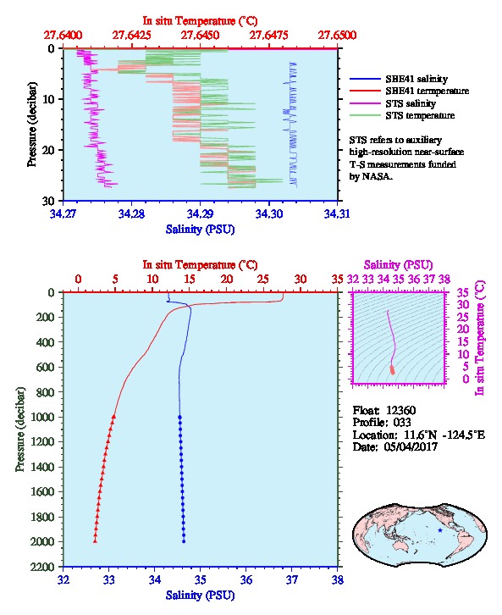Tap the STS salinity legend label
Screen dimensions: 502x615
click(411, 103)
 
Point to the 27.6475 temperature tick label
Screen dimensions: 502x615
click(269, 36)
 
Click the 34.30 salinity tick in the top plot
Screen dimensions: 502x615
click(269, 213)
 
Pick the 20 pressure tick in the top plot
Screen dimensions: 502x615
click(49, 150)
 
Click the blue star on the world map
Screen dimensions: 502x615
click(440, 530)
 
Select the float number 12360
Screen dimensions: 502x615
click(400, 410)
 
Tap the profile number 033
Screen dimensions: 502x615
click(402, 422)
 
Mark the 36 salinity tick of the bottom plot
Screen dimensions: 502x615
click(246, 579)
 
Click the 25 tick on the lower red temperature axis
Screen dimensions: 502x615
click(263, 279)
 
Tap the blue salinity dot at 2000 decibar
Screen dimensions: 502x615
click(184, 541)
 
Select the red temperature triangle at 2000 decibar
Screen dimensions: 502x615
click(95, 541)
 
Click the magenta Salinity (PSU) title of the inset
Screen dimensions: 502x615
click(398, 265)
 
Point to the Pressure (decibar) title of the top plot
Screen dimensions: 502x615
click(31, 125)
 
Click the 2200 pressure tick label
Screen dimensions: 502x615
click(42, 567)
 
